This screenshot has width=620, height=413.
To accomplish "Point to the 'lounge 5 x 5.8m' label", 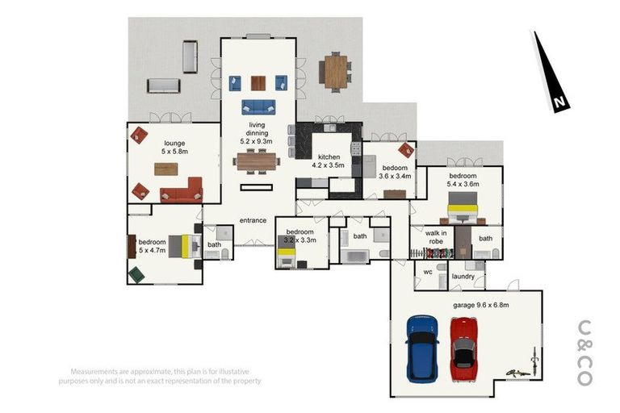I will (x=174, y=148).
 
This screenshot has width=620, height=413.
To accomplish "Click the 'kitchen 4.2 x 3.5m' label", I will (x=329, y=161).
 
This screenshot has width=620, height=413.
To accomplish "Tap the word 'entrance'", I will (x=253, y=220).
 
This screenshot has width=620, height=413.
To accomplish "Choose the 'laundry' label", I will (x=463, y=277).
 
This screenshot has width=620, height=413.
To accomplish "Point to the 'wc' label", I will (x=428, y=272).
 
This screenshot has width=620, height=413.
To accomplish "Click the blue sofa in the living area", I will (x=258, y=106).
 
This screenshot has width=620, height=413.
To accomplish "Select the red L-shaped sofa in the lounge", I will (x=182, y=191).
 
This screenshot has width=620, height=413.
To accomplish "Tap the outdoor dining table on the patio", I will (x=333, y=70).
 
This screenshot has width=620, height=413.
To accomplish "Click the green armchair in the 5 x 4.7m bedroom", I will (x=136, y=275).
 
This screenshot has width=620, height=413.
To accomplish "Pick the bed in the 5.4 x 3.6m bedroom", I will (x=463, y=207).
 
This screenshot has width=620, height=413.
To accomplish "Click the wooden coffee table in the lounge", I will (x=166, y=169).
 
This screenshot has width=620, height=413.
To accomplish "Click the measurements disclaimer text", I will (x=161, y=376).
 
